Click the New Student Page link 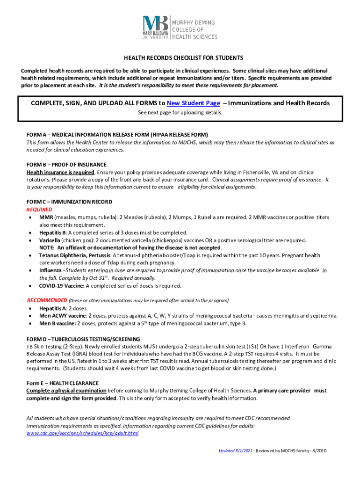click(193, 103)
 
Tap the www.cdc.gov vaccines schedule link click(82, 434)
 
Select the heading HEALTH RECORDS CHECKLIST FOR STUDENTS click(183, 58)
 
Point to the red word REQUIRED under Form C click(39, 210)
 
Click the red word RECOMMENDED click(47, 300)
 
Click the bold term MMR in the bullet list click(46, 218)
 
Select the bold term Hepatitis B click(52, 232)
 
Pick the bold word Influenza click(50, 270)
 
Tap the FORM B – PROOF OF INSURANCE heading click(66, 165)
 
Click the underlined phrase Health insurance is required click(60, 172)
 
